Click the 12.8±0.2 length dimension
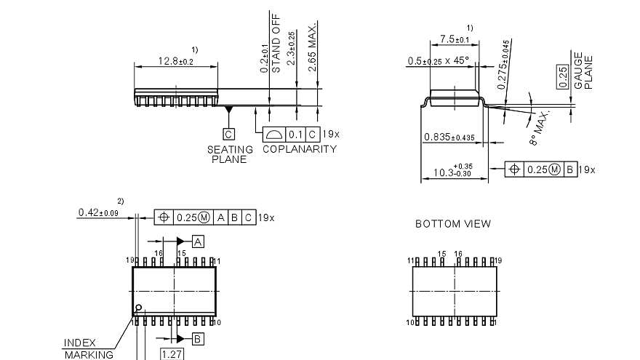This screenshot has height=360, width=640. pyautogui.click(x=175, y=61)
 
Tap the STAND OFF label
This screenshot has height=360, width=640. pyautogui.click(x=276, y=44)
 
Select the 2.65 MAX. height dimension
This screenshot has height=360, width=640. pyautogui.click(x=311, y=47)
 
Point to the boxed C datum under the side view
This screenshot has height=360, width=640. pyautogui.click(x=228, y=134)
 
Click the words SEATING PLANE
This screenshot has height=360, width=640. pyautogui.click(x=230, y=154)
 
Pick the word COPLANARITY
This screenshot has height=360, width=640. pyautogui.click(x=299, y=149)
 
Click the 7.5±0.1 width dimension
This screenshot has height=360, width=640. pyautogui.click(x=455, y=39)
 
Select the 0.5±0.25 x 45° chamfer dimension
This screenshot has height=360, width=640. pyautogui.click(x=438, y=60)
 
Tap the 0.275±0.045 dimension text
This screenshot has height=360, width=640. pyautogui.click(x=503, y=65)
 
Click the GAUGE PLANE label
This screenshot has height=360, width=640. pyautogui.click(x=583, y=71)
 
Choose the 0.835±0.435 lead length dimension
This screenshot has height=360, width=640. pyautogui.click(x=449, y=137)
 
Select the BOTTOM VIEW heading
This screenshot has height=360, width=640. pyautogui.click(x=452, y=224)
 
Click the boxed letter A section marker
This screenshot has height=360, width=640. pyautogui.click(x=198, y=241)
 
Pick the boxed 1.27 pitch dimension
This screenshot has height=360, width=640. pyautogui.click(x=172, y=354)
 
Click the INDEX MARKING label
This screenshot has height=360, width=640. pyautogui.click(x=87, y=348)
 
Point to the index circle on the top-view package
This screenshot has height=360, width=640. pyautogui.click(x=138, y=308)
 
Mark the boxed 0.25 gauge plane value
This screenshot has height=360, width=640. pyautogui.click(x=561, y=74)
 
